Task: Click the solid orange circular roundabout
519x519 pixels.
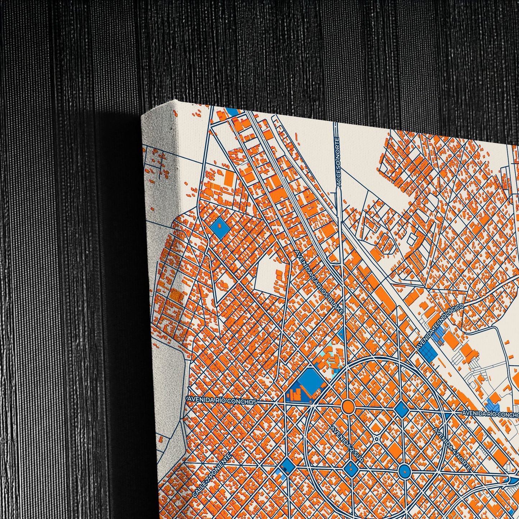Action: coord(348,406)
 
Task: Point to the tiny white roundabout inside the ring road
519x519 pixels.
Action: coord(376,439)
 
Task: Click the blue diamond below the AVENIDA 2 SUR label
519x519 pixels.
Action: coord(351,468)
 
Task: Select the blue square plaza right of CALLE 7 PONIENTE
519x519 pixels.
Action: coord(287,465)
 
